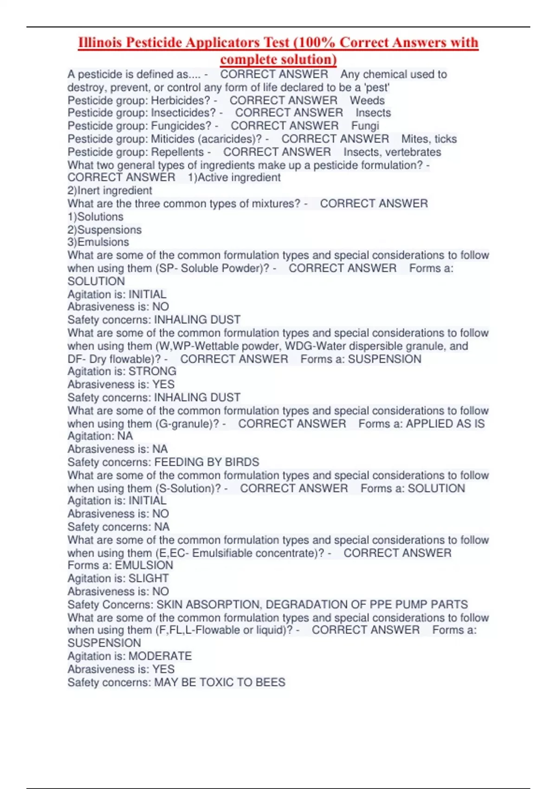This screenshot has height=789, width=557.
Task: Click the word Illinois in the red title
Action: (100, 43)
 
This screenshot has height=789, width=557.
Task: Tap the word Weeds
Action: (367, 100)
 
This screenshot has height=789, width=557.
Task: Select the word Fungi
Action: (365, 126)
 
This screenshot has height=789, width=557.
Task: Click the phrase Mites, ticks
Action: (429, 139)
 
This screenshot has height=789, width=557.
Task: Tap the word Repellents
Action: (177, 152)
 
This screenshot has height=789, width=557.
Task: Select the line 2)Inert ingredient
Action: (110, 190)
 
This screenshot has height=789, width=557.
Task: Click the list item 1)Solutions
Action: (96, 217)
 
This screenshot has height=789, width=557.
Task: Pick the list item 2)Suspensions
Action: (104, 230)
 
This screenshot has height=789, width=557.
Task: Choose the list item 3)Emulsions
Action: (98, 242)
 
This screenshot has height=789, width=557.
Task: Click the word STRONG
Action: (152, 371)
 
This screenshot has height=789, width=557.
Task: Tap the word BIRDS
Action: (242, 462)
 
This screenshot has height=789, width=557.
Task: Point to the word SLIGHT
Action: (149, 578)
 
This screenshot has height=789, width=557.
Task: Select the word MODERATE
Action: (160, 656)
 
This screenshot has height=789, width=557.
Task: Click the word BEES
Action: (271, 682)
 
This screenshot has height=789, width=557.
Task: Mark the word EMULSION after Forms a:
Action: (144, 565)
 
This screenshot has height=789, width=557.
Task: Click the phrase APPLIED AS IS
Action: (445, 424)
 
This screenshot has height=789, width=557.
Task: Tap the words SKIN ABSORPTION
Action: (208, 604)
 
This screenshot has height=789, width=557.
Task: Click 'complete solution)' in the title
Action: (278, 59)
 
